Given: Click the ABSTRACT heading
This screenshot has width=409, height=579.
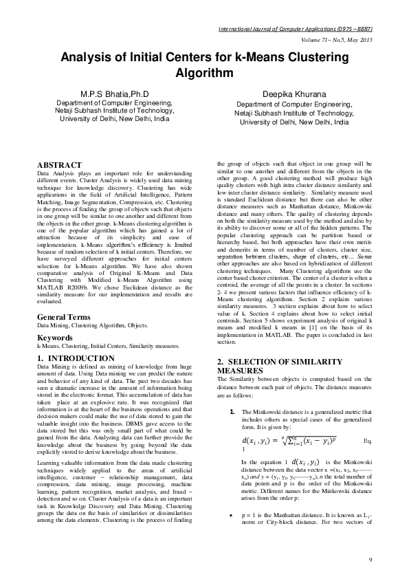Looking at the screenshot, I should pyautogui.click(x=60, y=165).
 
